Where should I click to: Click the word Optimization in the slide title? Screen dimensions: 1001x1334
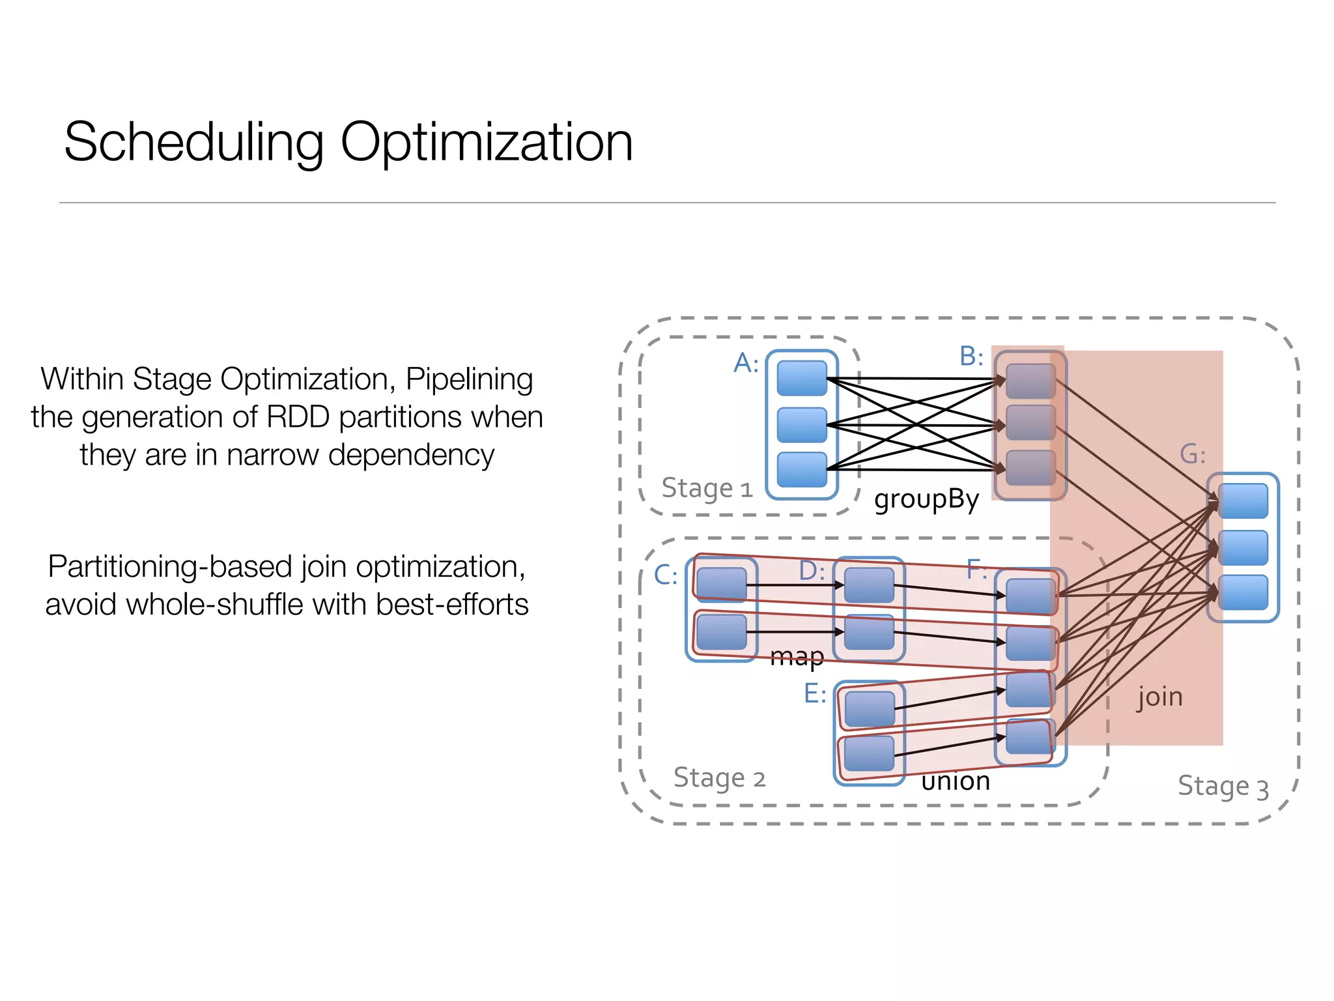pyautogui.click(x=486, y=142)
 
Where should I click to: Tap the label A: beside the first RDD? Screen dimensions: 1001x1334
pyautogui.click(x=746, y=363)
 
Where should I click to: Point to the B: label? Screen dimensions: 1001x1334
pyautogui.click(x=971, y=356)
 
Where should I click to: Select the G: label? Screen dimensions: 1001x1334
pyautogui.click(x=1193, y=454)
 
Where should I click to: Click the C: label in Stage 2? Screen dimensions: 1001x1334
pyautogui.click(x=666, y=575)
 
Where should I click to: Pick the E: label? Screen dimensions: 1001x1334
pyautogui.click(x=815, y=693)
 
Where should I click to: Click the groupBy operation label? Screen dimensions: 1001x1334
pyautogui.click(x=926, y=499)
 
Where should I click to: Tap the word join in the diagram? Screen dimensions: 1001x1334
pyautogui.click(x=1159, y=697)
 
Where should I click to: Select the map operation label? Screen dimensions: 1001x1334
pyautogui.click(x=797, y=656)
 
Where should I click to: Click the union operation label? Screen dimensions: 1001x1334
pyautogui.click(x=956, y=780)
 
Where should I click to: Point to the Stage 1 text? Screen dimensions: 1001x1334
pyautogui.click(x=707, y=488)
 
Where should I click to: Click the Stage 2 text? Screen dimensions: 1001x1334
pyautogui.click(x=719, y=777)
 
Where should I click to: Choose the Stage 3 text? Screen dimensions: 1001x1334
pyautogui.click(x=1223, y=786)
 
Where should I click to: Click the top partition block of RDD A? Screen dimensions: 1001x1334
pyautogui.click(x=802, y=378)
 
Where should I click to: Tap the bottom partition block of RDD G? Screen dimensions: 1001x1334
pyautogui.click(x=1243, y=592)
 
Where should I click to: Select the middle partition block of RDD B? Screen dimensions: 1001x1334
pyautogui.click(x=1030, y=422)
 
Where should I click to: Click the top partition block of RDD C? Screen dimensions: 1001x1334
pyautogui.click(x=721, y=583)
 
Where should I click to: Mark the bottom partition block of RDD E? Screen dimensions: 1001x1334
pyautogui.click(x=870, y=754)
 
